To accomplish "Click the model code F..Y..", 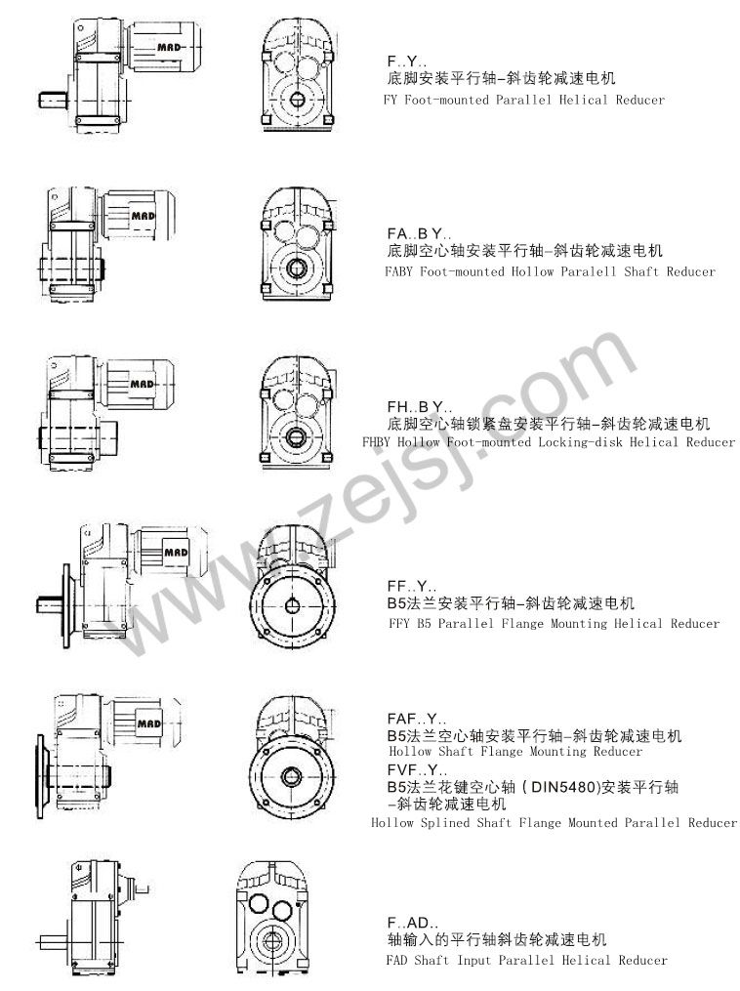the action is coord(407,62).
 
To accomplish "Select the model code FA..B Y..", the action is coord(420,234).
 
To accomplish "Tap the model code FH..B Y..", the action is coord(420,406).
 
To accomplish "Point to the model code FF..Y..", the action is coord(412,586).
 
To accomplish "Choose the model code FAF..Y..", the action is coord(417,719).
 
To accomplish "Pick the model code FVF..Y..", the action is coord(417,769).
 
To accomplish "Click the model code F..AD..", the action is coord(413,923).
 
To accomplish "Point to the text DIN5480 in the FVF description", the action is coord(563,787).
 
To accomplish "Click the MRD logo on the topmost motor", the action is coord(169,47).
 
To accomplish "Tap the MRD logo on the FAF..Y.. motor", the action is coord(149,723).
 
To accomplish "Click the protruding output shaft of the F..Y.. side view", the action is coord(55,100).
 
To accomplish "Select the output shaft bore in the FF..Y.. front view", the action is coord(292,606).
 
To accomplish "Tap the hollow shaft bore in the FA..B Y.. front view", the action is coord(296,268).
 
